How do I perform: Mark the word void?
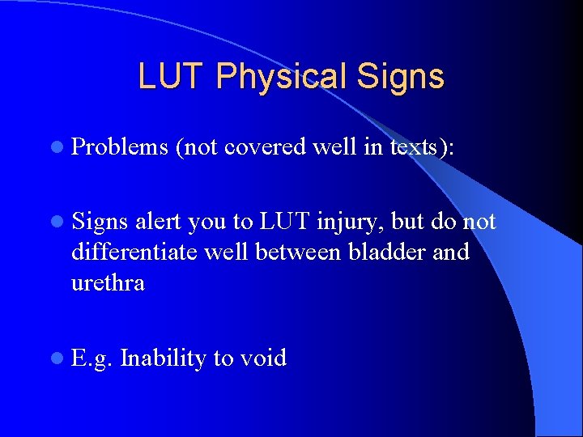click(263, 358)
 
